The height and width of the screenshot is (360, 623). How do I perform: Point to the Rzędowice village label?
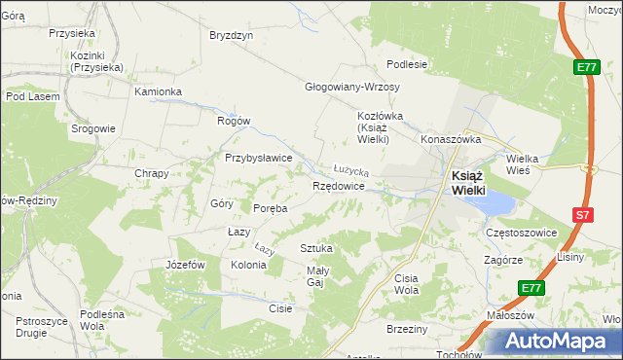pyautogui.click(x=339, y=185)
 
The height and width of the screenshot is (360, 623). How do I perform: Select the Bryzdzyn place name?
pyautogui.click(x=232, y=35)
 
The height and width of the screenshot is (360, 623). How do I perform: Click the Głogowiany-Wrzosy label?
pyautogui.click(x=352, y=86)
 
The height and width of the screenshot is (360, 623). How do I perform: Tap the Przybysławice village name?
pyautogui.click(x=259, y=157)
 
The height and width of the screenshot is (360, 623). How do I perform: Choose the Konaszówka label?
pyautogui.click(x=452, y=139)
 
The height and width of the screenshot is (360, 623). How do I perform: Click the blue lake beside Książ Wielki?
pyautogui.click(x=496, y=202)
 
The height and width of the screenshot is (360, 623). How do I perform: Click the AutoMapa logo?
pyautogui.click(x=554, y=342)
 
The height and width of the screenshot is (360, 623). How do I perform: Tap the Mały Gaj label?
pyautogui.click(x=320, y=276)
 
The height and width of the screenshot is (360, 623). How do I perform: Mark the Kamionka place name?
pyautogui.click(x=159, y=91)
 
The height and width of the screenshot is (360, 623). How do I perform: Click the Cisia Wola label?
pyautogui.click(x=406, y=284)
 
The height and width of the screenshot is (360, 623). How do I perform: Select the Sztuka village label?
pyautogui.click(x=316, y=248)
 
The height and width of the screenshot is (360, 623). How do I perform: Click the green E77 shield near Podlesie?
pyautogui.click(x=585, y=67)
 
